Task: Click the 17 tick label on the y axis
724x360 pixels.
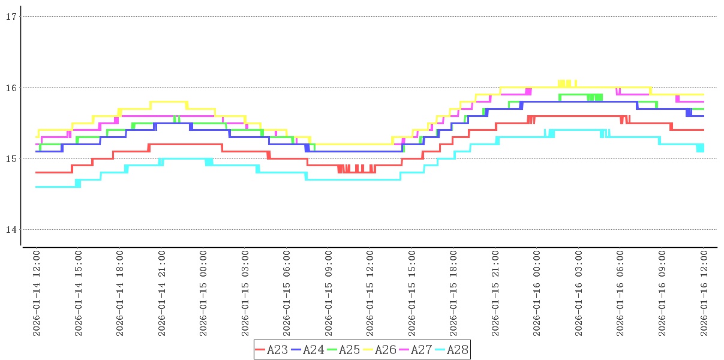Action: tap(10, 17)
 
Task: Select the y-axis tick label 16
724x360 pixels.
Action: tap(10, 88)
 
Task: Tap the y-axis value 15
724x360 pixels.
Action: tap(10, 158)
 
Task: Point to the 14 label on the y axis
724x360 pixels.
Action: tap(10, 229)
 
